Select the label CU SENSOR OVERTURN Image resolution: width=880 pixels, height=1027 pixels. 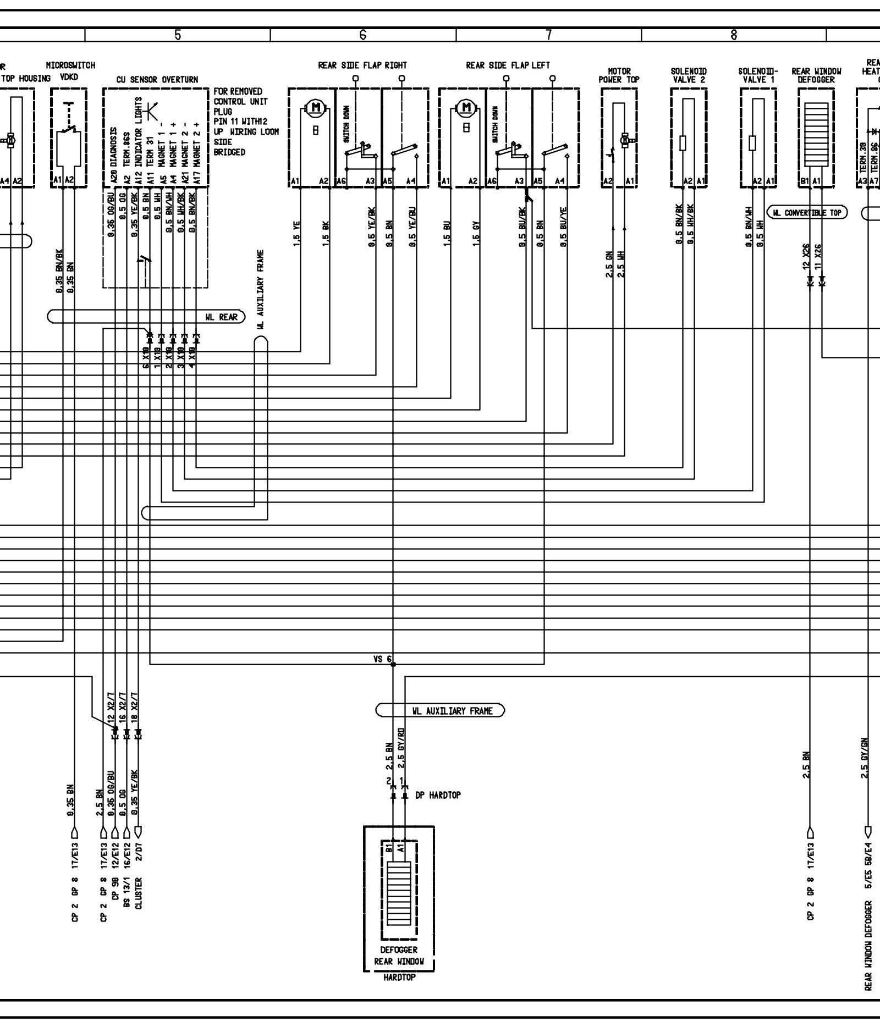pyautogui.click(x=157, y=80)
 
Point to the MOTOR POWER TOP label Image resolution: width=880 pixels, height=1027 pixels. pyautogui.click(x=619, y=75)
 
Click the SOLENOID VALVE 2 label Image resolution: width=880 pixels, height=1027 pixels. pyautogui.click(x=689, y=75)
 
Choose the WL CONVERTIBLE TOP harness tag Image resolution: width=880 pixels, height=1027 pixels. pyautogui.click(x=807, y=213)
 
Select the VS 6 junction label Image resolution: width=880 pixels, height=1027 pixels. pyautogui.click(x=382, y=659)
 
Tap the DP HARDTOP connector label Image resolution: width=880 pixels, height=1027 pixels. pyautogui.click(x=438, y=795)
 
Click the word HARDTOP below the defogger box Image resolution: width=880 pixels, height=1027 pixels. pyautogui.click(x=399, y=978)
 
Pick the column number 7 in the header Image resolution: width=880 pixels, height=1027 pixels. pyautogui.click(x=548, y=35)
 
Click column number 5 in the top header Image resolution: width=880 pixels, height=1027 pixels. pyautogui.click(x=178, y=35)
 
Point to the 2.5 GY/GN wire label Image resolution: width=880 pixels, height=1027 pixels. pyautogui.click(x=865, y=758)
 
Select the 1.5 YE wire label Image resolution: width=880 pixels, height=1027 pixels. pyautogui.click(x=296, y=233)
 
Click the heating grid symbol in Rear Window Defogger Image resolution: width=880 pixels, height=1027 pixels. pyautogui.click(x=816, y=134)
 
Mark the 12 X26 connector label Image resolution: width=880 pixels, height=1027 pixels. pyautogui.click(x=806, y=258)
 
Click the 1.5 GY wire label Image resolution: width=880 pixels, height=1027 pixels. pyautogui.click(x=477, y=233)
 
